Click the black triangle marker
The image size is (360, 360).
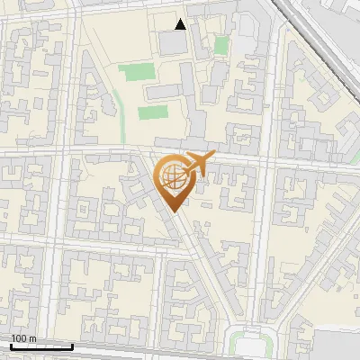click(x=181, y=24)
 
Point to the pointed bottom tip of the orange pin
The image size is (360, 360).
click(x=172, y=211)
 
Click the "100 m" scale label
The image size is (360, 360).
click(x=23, y=338)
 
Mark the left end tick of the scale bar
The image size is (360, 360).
click(x=11, y=346)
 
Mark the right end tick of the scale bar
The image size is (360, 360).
click(x=73, y=346)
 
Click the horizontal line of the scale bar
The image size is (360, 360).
click(x=41, y=346)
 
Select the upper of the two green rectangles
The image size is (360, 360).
click(x=136, y=72)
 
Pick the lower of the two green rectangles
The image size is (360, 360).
click(x=153, y=113)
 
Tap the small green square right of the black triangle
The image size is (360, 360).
click(x=220, y=45)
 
